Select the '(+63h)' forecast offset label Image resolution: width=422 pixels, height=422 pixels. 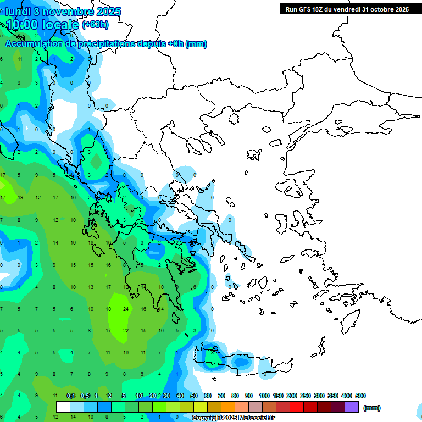pos(95,24)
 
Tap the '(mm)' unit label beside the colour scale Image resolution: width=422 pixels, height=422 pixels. pos(372,408)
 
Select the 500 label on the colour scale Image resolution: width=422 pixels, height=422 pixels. pos(360,396)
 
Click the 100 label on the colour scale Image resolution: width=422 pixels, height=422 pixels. pos(264,396)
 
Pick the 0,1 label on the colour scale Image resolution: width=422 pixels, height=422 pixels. pos(71,396)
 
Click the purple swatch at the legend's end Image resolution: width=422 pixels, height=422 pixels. pos(352,407)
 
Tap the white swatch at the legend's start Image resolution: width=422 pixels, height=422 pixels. pos(63,407)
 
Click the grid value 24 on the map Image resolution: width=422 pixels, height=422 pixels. pos(126,309)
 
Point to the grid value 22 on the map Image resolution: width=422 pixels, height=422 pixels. pos(126,331)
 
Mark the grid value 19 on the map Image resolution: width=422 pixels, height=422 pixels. pos(20,198)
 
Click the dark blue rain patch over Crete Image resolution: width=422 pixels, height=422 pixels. pos(241,362)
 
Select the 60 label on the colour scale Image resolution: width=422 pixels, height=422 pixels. pos(208,396)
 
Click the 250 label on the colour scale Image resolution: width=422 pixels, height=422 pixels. pos(305,396)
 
